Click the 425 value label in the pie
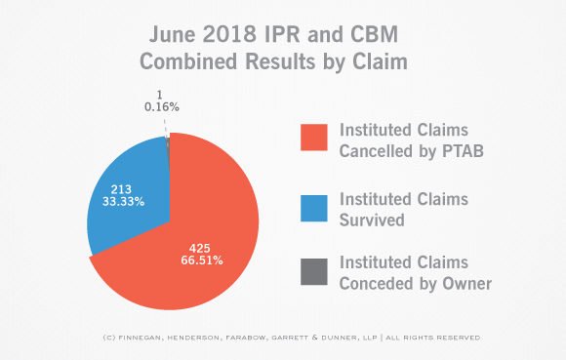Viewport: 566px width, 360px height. click(200, 248)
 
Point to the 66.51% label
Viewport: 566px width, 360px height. click(202, 260)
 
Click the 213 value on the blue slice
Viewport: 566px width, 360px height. click(121, 189)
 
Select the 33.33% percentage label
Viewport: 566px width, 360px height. click(124, 201)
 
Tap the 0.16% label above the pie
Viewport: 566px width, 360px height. click(162, 107)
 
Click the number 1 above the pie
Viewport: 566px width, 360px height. click(159, 95)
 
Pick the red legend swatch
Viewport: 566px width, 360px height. click(314, 138)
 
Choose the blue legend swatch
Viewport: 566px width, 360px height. click(314, 209)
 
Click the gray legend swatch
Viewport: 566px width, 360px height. click(314, 271)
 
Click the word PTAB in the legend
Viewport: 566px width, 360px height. click(463, 151)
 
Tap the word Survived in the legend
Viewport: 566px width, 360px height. click(372, 220)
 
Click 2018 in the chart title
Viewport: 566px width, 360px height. click(229, 34)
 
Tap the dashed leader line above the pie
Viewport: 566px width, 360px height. click(165, 126)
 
